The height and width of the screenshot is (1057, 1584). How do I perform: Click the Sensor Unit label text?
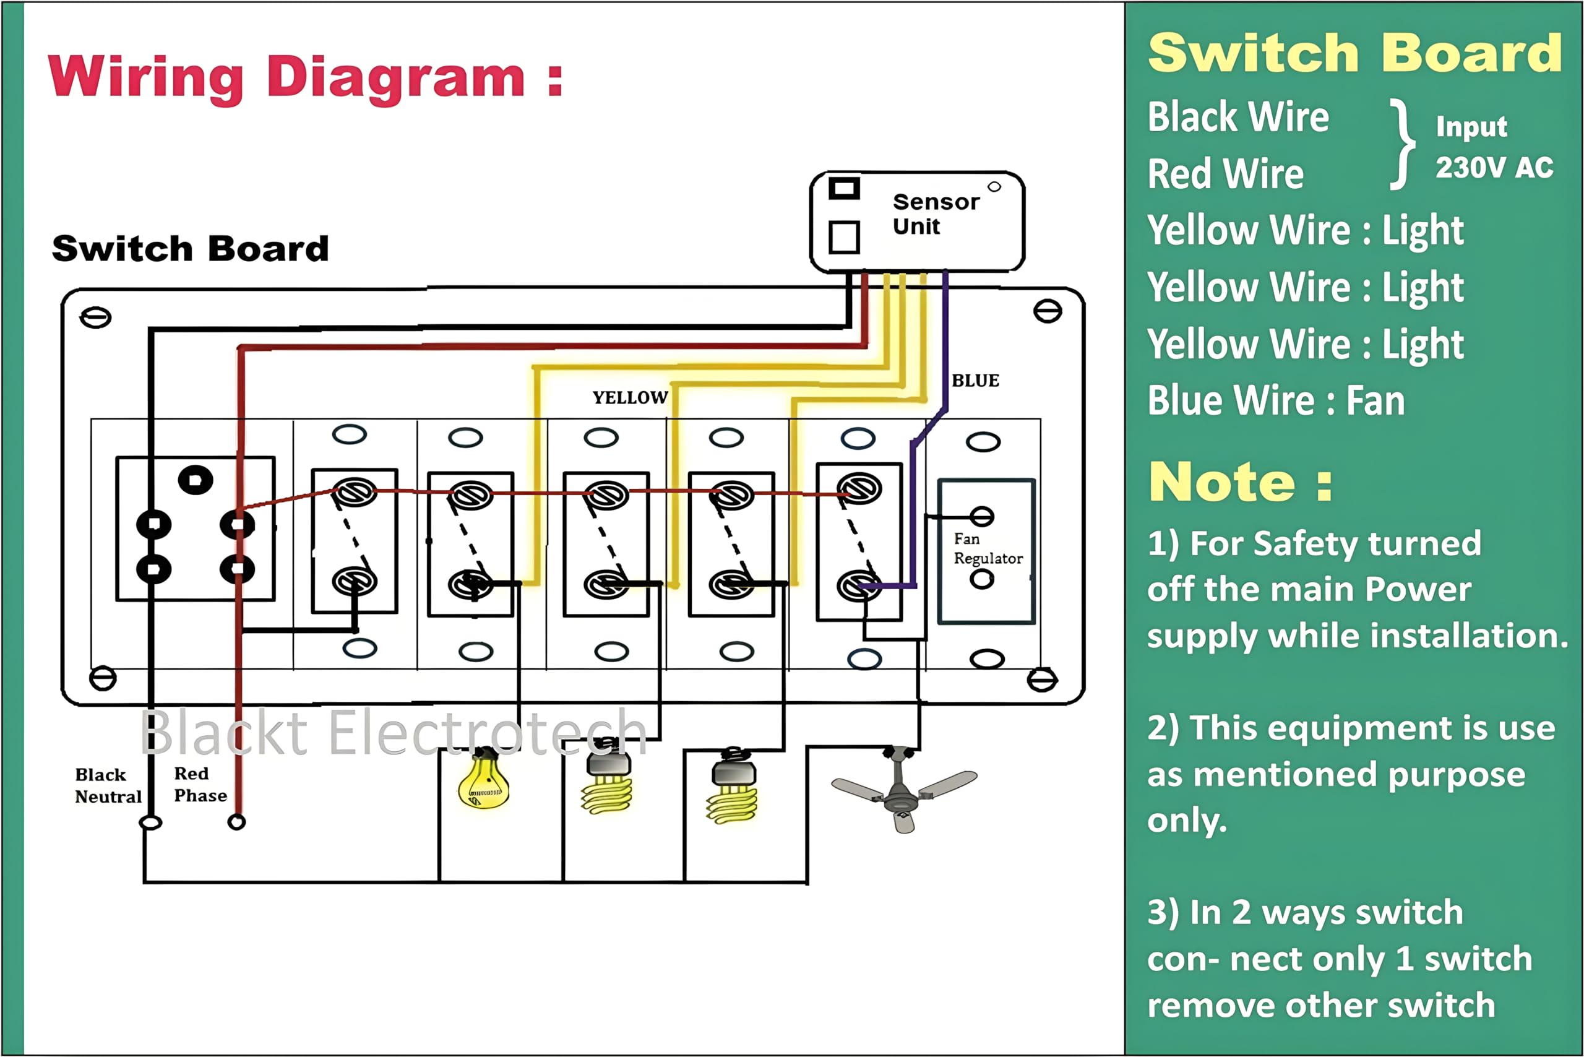tap(935, 214)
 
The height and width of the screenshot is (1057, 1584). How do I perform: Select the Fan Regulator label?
tap(987, 549)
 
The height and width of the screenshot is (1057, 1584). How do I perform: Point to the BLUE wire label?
tap(975, 381)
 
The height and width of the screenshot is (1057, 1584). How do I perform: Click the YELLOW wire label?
tap(629, 398)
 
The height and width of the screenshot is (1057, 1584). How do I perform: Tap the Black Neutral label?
tap(108, 786)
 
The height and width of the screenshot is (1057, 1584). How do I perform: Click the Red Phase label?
tap(200, 785)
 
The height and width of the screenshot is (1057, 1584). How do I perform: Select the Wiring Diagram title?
tap(304, 77)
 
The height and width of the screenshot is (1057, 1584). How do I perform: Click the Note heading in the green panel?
tap(1240, 483)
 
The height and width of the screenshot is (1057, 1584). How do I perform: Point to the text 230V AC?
tap(1494, 168)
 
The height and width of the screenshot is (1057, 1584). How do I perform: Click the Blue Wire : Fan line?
tap(1276, 401)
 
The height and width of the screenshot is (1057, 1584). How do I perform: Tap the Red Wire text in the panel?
tap(1225, 174)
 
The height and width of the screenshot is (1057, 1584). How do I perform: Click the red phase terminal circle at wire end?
tap(236, 822)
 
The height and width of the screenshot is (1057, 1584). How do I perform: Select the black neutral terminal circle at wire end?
tap(150, 823)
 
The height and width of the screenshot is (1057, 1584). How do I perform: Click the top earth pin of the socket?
tap(196, 480)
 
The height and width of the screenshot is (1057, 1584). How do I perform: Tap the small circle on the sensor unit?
tap(994, 187)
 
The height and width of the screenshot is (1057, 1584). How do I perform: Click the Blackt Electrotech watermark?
tap(394, 733)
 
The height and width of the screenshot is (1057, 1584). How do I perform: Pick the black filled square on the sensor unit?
tap(844, 188)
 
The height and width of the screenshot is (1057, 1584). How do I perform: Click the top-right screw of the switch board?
tap(1048, 311)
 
